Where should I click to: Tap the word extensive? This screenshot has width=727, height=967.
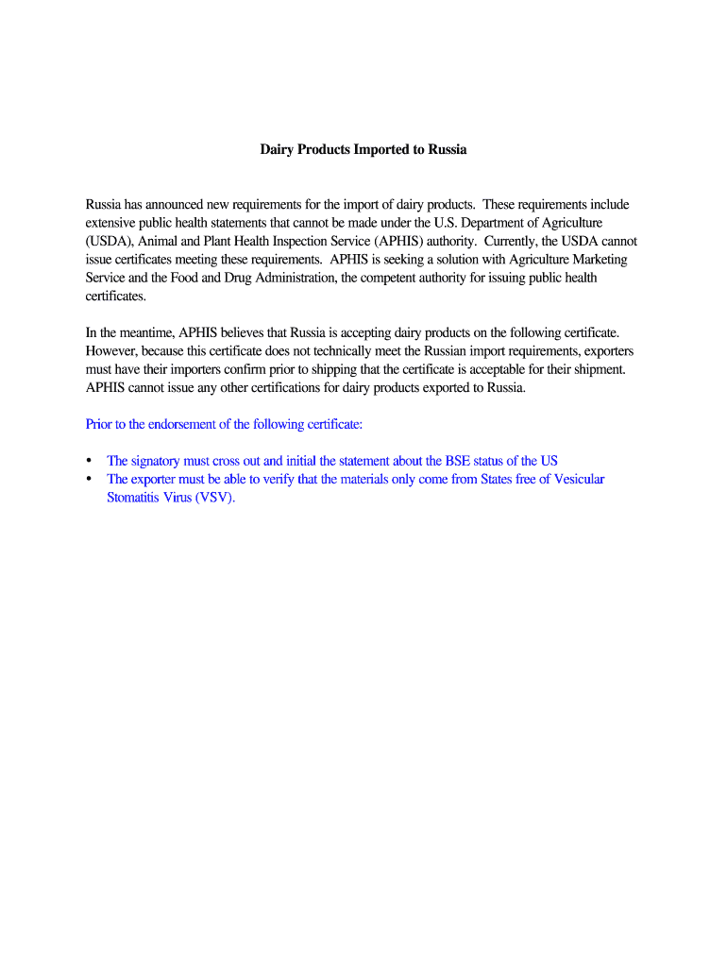click(x=111, y=223)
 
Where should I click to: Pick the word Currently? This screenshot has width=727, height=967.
click(x=510, y=241)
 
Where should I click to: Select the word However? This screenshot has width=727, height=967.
click(x=111, y=350)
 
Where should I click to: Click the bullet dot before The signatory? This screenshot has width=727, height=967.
click(x=90, y=461)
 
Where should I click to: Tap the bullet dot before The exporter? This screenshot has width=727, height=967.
click(x=90, y=479)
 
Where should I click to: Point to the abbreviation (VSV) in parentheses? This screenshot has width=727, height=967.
click(x=215, y=498)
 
